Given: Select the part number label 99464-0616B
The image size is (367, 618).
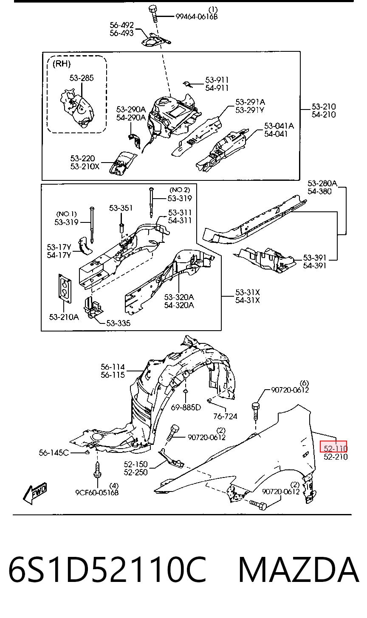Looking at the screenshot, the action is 197,17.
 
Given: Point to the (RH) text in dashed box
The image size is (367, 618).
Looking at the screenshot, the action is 62,64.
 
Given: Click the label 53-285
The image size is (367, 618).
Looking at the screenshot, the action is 82,78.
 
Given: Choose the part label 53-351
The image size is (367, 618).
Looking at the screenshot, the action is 121,208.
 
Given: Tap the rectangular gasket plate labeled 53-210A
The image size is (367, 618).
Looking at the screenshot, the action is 65,289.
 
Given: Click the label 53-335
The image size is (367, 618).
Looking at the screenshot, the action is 118,323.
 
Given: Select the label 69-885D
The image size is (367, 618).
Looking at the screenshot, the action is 186,407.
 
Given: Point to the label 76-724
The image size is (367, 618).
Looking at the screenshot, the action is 225,416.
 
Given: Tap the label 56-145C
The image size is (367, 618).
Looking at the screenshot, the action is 54,453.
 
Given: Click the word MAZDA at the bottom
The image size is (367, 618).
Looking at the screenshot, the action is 299,570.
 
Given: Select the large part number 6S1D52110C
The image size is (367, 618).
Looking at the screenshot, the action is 108,570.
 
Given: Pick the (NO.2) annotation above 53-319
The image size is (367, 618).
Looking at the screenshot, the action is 180,190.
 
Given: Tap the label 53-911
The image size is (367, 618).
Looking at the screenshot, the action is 217,80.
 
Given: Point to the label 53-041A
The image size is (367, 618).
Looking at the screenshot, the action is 279,126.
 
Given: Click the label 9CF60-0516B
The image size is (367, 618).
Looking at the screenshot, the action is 97,492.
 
